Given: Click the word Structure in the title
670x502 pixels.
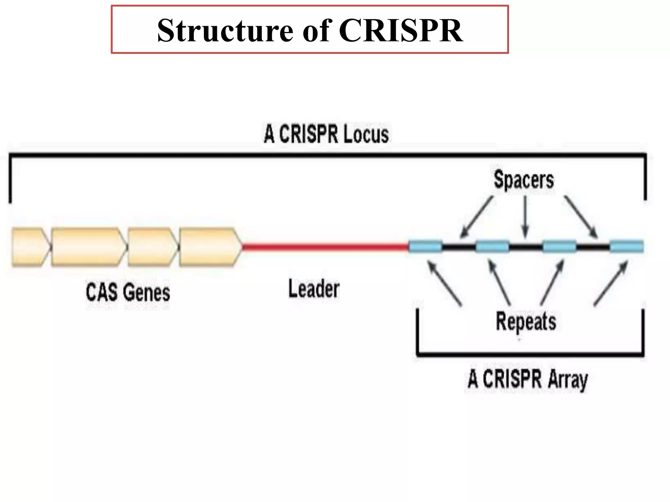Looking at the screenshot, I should pos(225,30).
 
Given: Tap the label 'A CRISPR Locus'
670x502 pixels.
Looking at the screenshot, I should pos(326,134).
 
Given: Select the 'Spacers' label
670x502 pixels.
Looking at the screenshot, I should pos(523,180).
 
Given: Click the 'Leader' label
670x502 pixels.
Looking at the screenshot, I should pos(314,289).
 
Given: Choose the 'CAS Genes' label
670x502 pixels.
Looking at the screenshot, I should pos(128,292).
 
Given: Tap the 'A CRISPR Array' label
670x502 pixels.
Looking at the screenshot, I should pos(527,379).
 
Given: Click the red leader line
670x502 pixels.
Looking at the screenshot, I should pos(326,247).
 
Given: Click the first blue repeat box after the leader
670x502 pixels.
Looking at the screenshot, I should pos(426,247).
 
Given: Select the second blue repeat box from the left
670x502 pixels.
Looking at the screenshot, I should pos(492,247).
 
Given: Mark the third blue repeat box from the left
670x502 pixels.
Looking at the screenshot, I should pos(559,247).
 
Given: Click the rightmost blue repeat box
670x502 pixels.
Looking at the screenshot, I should pos(626,247).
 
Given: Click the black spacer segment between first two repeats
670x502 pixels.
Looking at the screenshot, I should pos(459,247).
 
